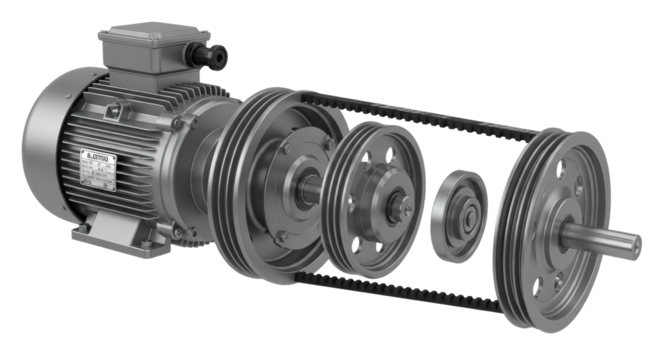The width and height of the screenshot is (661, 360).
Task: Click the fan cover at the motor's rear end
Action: pos(45,150)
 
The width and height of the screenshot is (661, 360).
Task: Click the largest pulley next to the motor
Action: pos(270,180)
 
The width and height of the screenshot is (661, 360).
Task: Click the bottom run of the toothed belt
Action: pos(400,290)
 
